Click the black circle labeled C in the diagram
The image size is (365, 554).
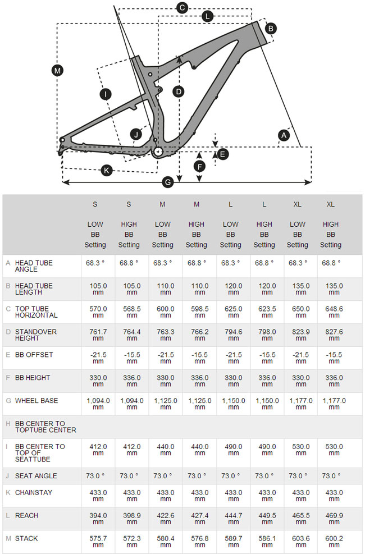tap(181, 8)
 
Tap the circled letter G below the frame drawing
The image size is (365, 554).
tap(167, 182)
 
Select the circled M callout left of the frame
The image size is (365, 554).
tap(57, 71)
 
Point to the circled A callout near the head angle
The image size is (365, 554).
tap(284, 135)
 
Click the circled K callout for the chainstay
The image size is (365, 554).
tap(106, 170)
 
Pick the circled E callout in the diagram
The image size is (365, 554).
tap(223, 153)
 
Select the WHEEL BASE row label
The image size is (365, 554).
tap(36, 401)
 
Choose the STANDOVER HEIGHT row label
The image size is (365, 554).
tap(35, 335)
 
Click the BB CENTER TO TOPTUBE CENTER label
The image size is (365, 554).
tap(45, 427)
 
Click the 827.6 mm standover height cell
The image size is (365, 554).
tap(331, 335)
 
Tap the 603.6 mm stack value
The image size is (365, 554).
tap(298, 542)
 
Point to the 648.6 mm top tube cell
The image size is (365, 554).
tap(331, 312)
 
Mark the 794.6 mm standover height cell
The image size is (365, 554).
tap(230, 335)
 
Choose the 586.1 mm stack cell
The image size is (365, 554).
tap(264, 542)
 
